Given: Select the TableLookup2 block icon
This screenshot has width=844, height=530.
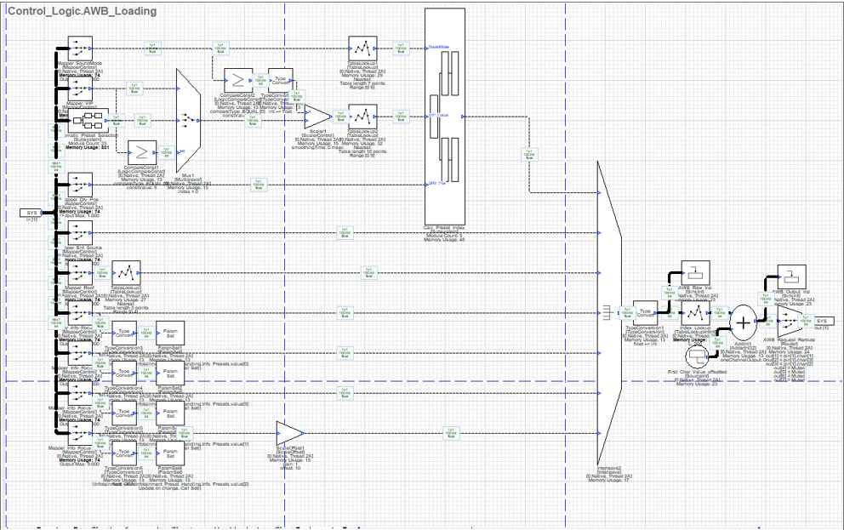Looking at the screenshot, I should click(362, 116).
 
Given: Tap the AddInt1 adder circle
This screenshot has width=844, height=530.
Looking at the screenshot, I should click(744, 322).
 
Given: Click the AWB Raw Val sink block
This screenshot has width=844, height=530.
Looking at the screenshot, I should click(695, 273).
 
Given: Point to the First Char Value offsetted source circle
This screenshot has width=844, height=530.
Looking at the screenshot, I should click(697, 355).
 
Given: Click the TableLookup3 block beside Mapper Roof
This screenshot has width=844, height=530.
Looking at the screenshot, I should click(126, 272).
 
